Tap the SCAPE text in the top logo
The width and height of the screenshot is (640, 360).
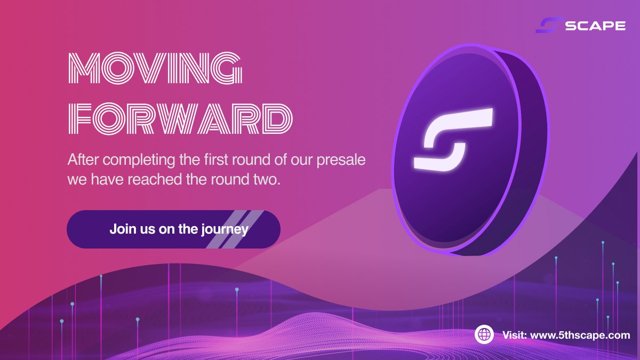coord(595,25)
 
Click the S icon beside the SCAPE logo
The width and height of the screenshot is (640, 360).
coord(549,25)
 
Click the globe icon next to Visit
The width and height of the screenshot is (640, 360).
coord(484,335)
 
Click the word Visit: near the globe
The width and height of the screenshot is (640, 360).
coord(515,335)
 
